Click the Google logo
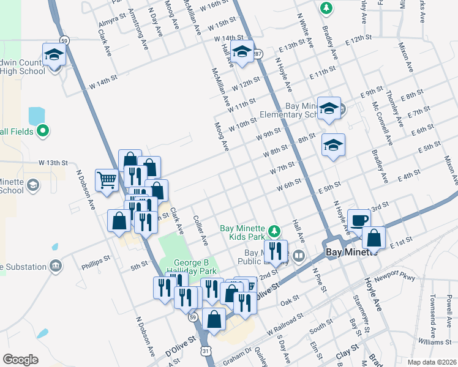pos(20,359)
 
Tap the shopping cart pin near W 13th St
pos(107,180)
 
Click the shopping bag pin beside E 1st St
pos(374,237)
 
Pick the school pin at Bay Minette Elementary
pos(329,108)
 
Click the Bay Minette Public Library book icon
pos(299,256)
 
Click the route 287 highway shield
pos(259,53)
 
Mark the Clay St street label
pos(346,352)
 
